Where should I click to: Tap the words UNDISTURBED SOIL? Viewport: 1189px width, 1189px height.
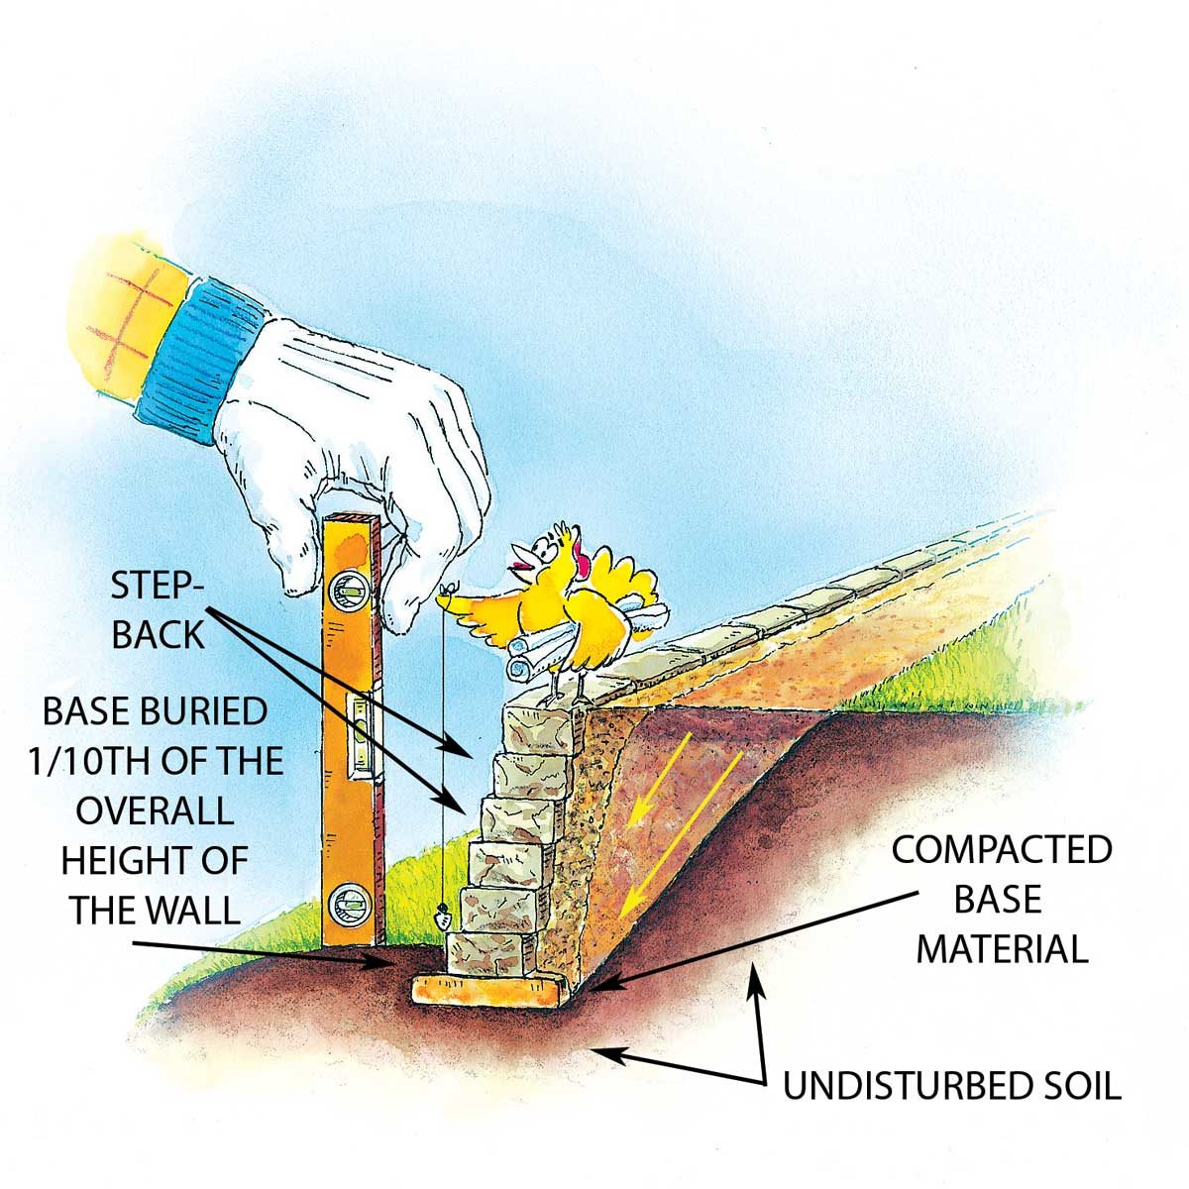(x=952, y=1086)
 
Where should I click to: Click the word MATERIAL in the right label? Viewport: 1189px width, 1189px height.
(x=1002, y=948)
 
